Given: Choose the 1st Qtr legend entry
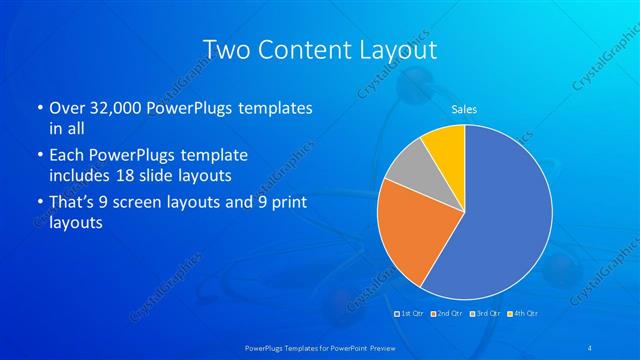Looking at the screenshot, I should click(x=411, y=313).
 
